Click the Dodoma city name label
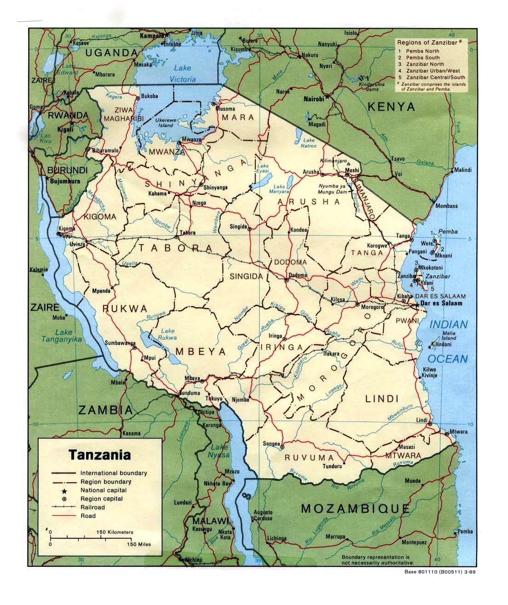click(297, 275)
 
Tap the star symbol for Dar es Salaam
click(417, 304)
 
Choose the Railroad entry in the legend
click(92, 507)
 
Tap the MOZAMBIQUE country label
click(355, 508)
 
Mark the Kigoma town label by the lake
click(66, 228)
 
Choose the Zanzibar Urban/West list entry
click(435, 71)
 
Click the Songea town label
click(271, 444)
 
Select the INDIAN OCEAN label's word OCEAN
click(449, 359)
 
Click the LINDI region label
click(381, 399)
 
